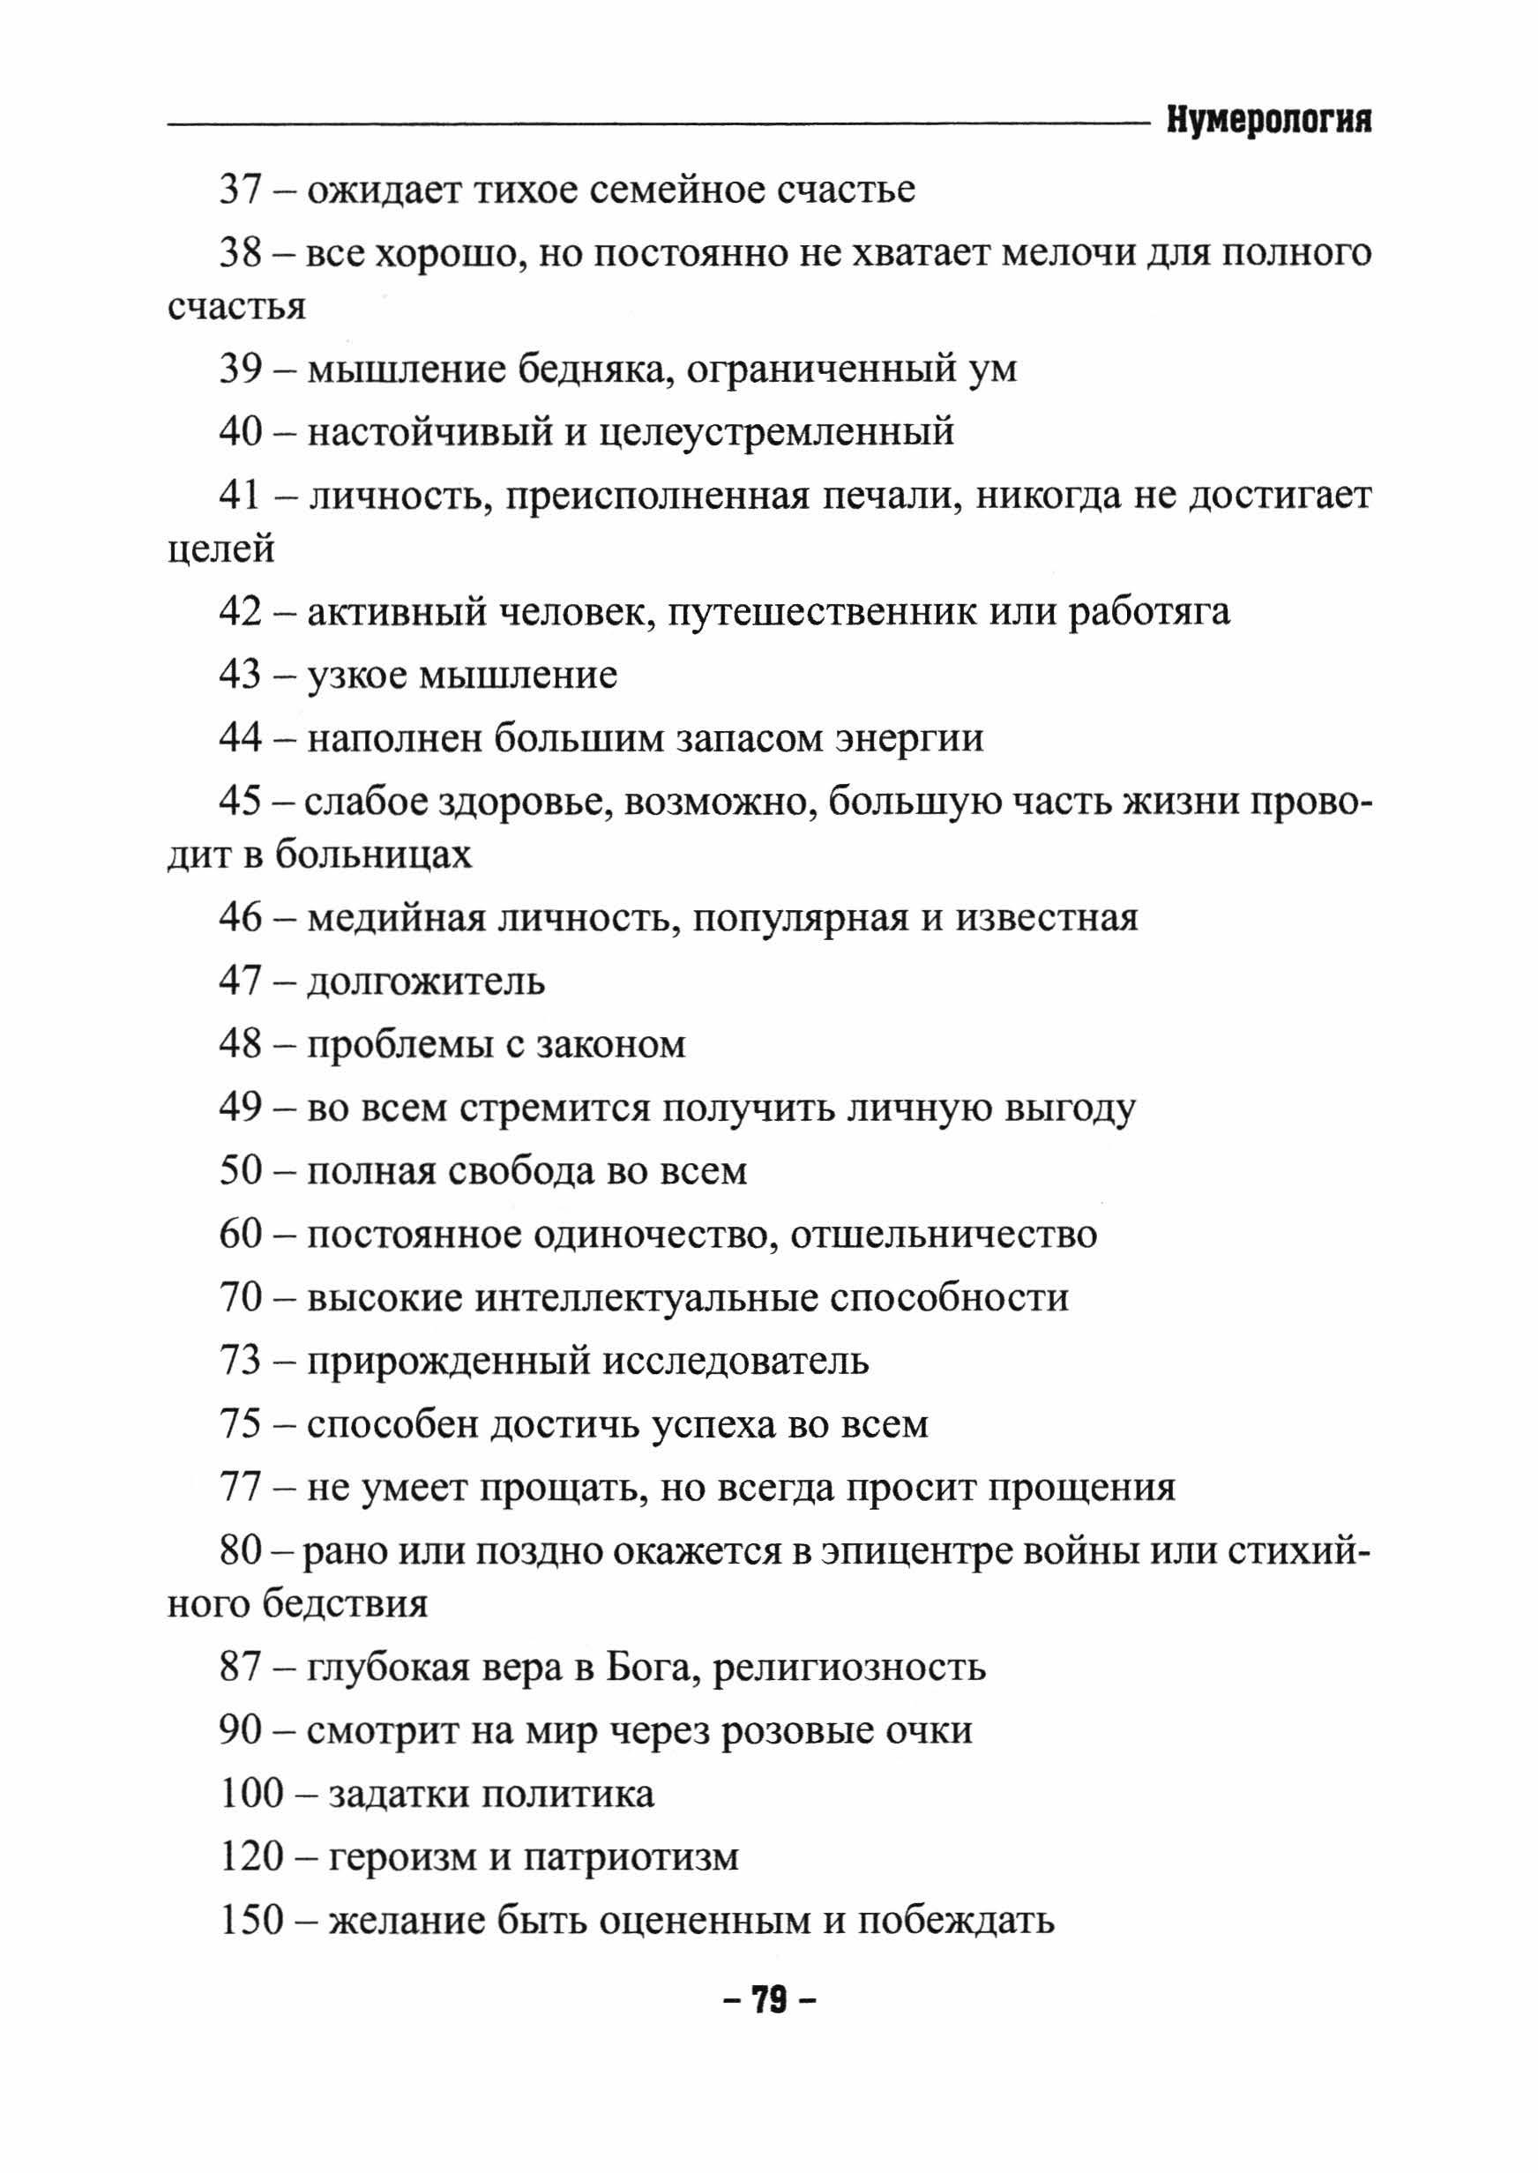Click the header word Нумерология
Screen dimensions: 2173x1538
pyautogui.click(x=1268, y=121)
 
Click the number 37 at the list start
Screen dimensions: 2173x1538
pyautogui.click(x=240, y=190)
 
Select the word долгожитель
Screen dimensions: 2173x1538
pyautogui.click(x=425, y=982)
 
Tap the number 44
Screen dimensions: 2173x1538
pyautogui.click(x=240, y=737)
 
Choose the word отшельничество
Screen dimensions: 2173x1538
pyautogui.click(x=944, y=1235)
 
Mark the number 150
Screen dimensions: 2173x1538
pyautogui.click(x=252, y=1921)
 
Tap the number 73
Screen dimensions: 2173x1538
pyautogui.click(x=240, y=1361)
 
